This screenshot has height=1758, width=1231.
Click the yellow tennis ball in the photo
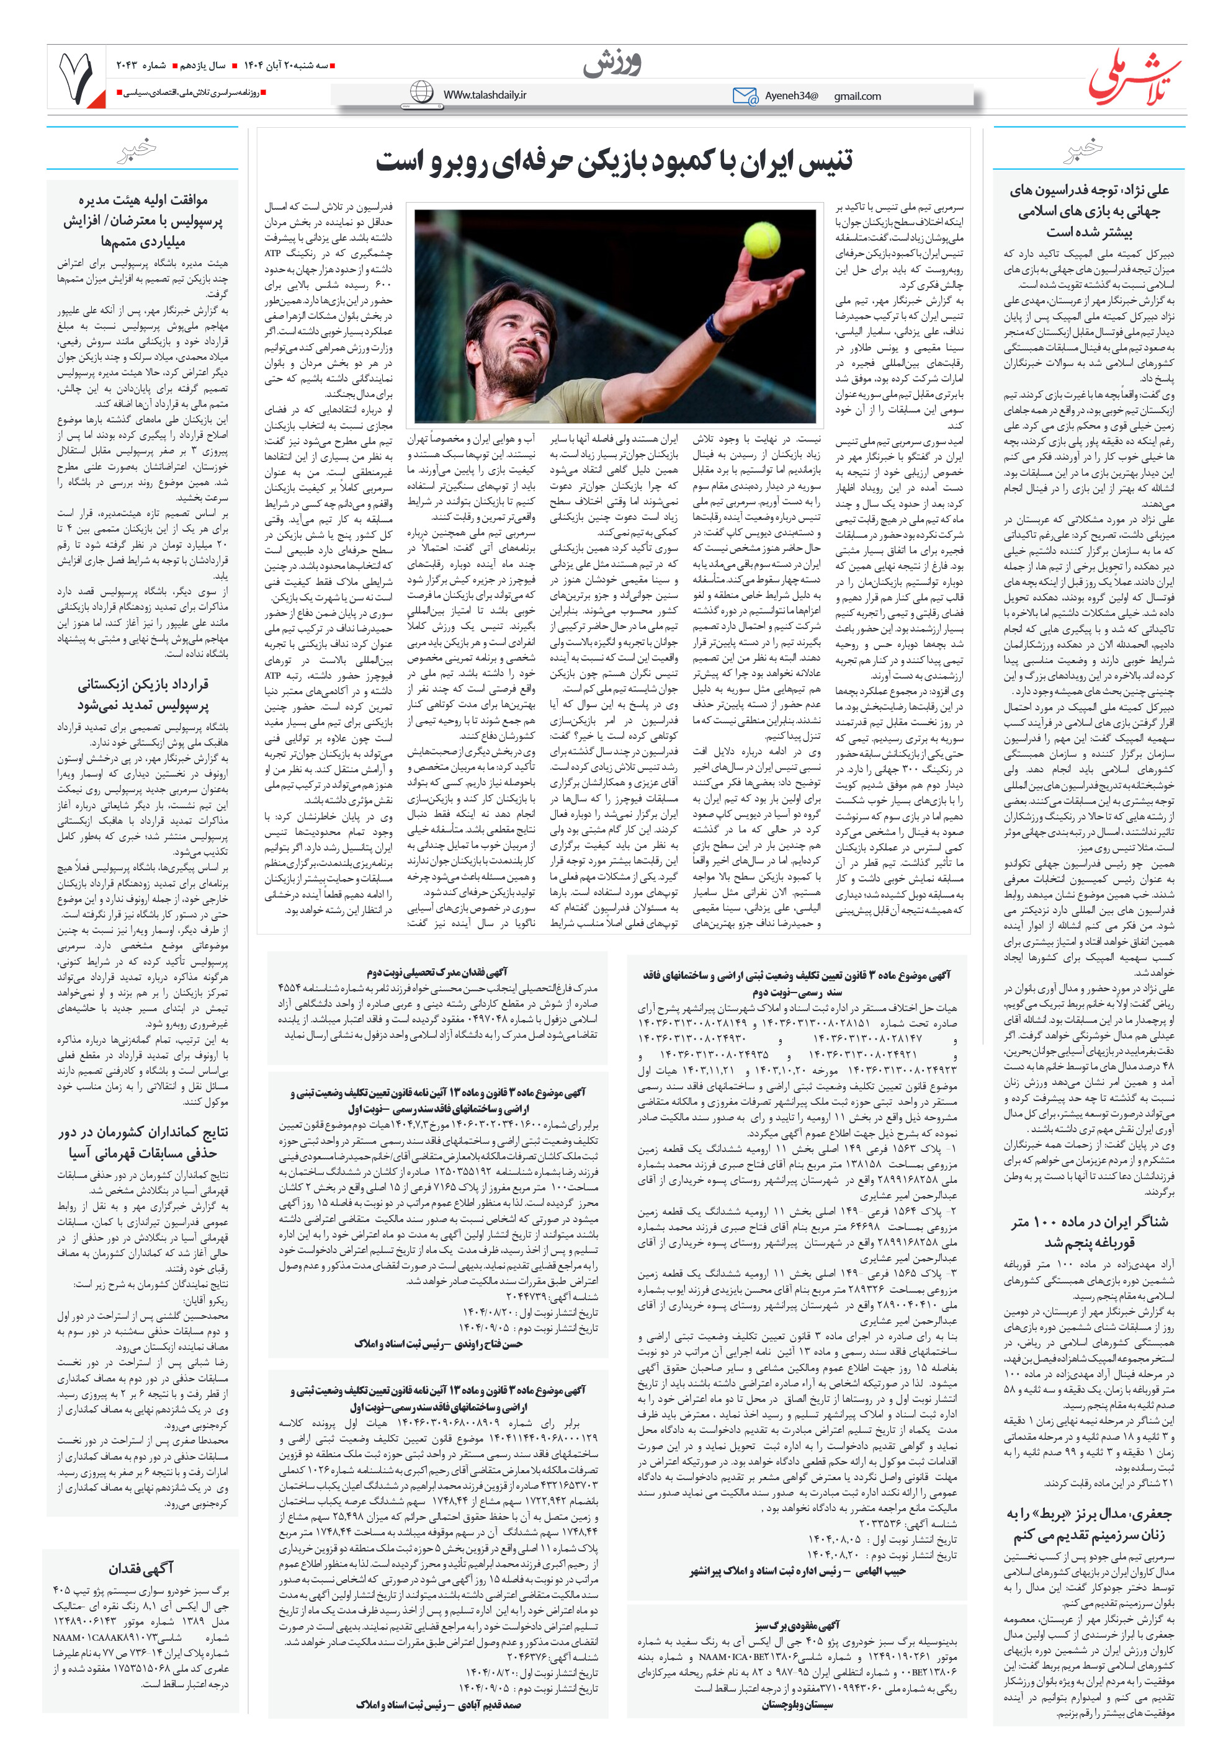pos(761,239)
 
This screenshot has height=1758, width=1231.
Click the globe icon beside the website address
pos(421,92)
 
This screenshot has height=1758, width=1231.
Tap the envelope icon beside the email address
pos(744,96)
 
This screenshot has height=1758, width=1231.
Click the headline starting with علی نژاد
pos(1088,210)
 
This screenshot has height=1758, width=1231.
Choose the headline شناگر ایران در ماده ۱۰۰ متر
pos(1088,1231)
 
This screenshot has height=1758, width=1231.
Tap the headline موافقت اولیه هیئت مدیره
pos(143,220)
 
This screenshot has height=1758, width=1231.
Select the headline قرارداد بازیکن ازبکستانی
pos(143,694)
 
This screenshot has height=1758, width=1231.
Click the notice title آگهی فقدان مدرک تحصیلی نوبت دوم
pos(437,971)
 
